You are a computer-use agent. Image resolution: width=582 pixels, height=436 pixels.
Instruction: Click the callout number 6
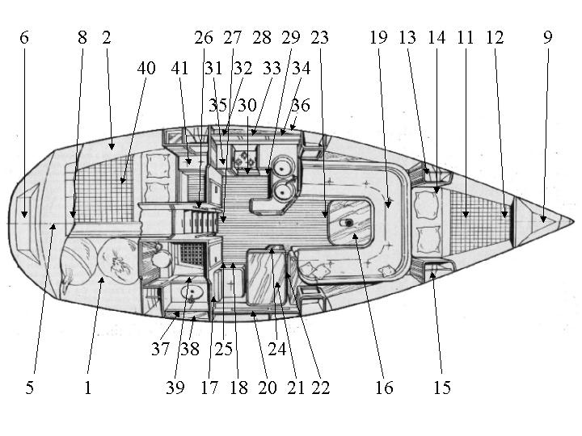pyautogui.click(x=23, y=38)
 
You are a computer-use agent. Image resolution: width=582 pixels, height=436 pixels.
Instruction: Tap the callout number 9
pyautogui.click(x=548, y=38)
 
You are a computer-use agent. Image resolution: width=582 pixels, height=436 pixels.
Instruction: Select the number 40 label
pyautogui.click(x=146, y=69)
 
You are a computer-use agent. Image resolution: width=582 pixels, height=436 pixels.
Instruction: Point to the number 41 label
pyautogui.click(x=179, y=69)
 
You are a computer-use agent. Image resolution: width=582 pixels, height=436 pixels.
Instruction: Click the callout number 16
pyautogui.click(x=383, y=388)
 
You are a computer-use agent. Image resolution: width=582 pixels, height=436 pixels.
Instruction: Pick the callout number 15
pyautogui.click(x=441, y=388)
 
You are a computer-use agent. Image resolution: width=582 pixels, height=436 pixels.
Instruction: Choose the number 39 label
pyautogui.click(x=175, y=388)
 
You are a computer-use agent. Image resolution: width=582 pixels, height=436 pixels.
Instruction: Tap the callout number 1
pyautogui.click(x=87, y=388)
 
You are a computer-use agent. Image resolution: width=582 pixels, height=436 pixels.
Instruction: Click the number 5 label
pyautogui.click(x=29, y=388)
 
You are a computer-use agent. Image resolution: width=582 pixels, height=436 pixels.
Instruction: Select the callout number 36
pyautogui.click(x=300, y=105)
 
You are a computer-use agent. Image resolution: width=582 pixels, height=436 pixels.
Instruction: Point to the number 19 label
pyautogui.click(x=378, y=38)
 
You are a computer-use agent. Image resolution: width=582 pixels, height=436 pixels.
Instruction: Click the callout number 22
pyautogui.click(x=320, y=388)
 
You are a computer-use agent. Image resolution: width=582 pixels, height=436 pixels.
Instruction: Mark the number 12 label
pyautogui.click(x=495, y=38)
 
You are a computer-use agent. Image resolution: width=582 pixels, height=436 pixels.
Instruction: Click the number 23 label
pyautogui.click(x=319, y=38)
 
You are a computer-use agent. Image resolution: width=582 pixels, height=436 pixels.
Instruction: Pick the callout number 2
pyautogui.click(x=107, y=38)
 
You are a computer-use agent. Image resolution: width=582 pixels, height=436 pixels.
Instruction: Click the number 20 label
pyautogui.click(x=267, y=388)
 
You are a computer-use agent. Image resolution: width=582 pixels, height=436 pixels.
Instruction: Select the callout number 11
pyautogui.click(x=465, y=38)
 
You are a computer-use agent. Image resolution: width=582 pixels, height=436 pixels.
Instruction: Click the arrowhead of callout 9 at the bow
pyautogui.click(x=545, y=220)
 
